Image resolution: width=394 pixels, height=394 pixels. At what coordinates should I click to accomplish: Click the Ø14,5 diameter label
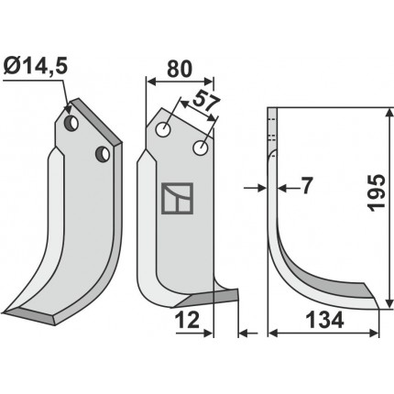36,67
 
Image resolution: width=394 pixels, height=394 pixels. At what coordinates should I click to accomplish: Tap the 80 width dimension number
180,69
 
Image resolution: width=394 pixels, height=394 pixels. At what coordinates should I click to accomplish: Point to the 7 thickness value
306,186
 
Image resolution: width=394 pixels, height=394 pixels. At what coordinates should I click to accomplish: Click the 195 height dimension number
377,192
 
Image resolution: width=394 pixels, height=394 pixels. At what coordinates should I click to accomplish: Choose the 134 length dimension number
324,321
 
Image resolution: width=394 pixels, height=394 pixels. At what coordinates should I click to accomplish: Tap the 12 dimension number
187,321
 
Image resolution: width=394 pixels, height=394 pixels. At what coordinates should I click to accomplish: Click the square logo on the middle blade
177,198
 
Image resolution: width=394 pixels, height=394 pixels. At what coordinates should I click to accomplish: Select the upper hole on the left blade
71,124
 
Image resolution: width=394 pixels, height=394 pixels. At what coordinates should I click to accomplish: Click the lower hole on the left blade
103,154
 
